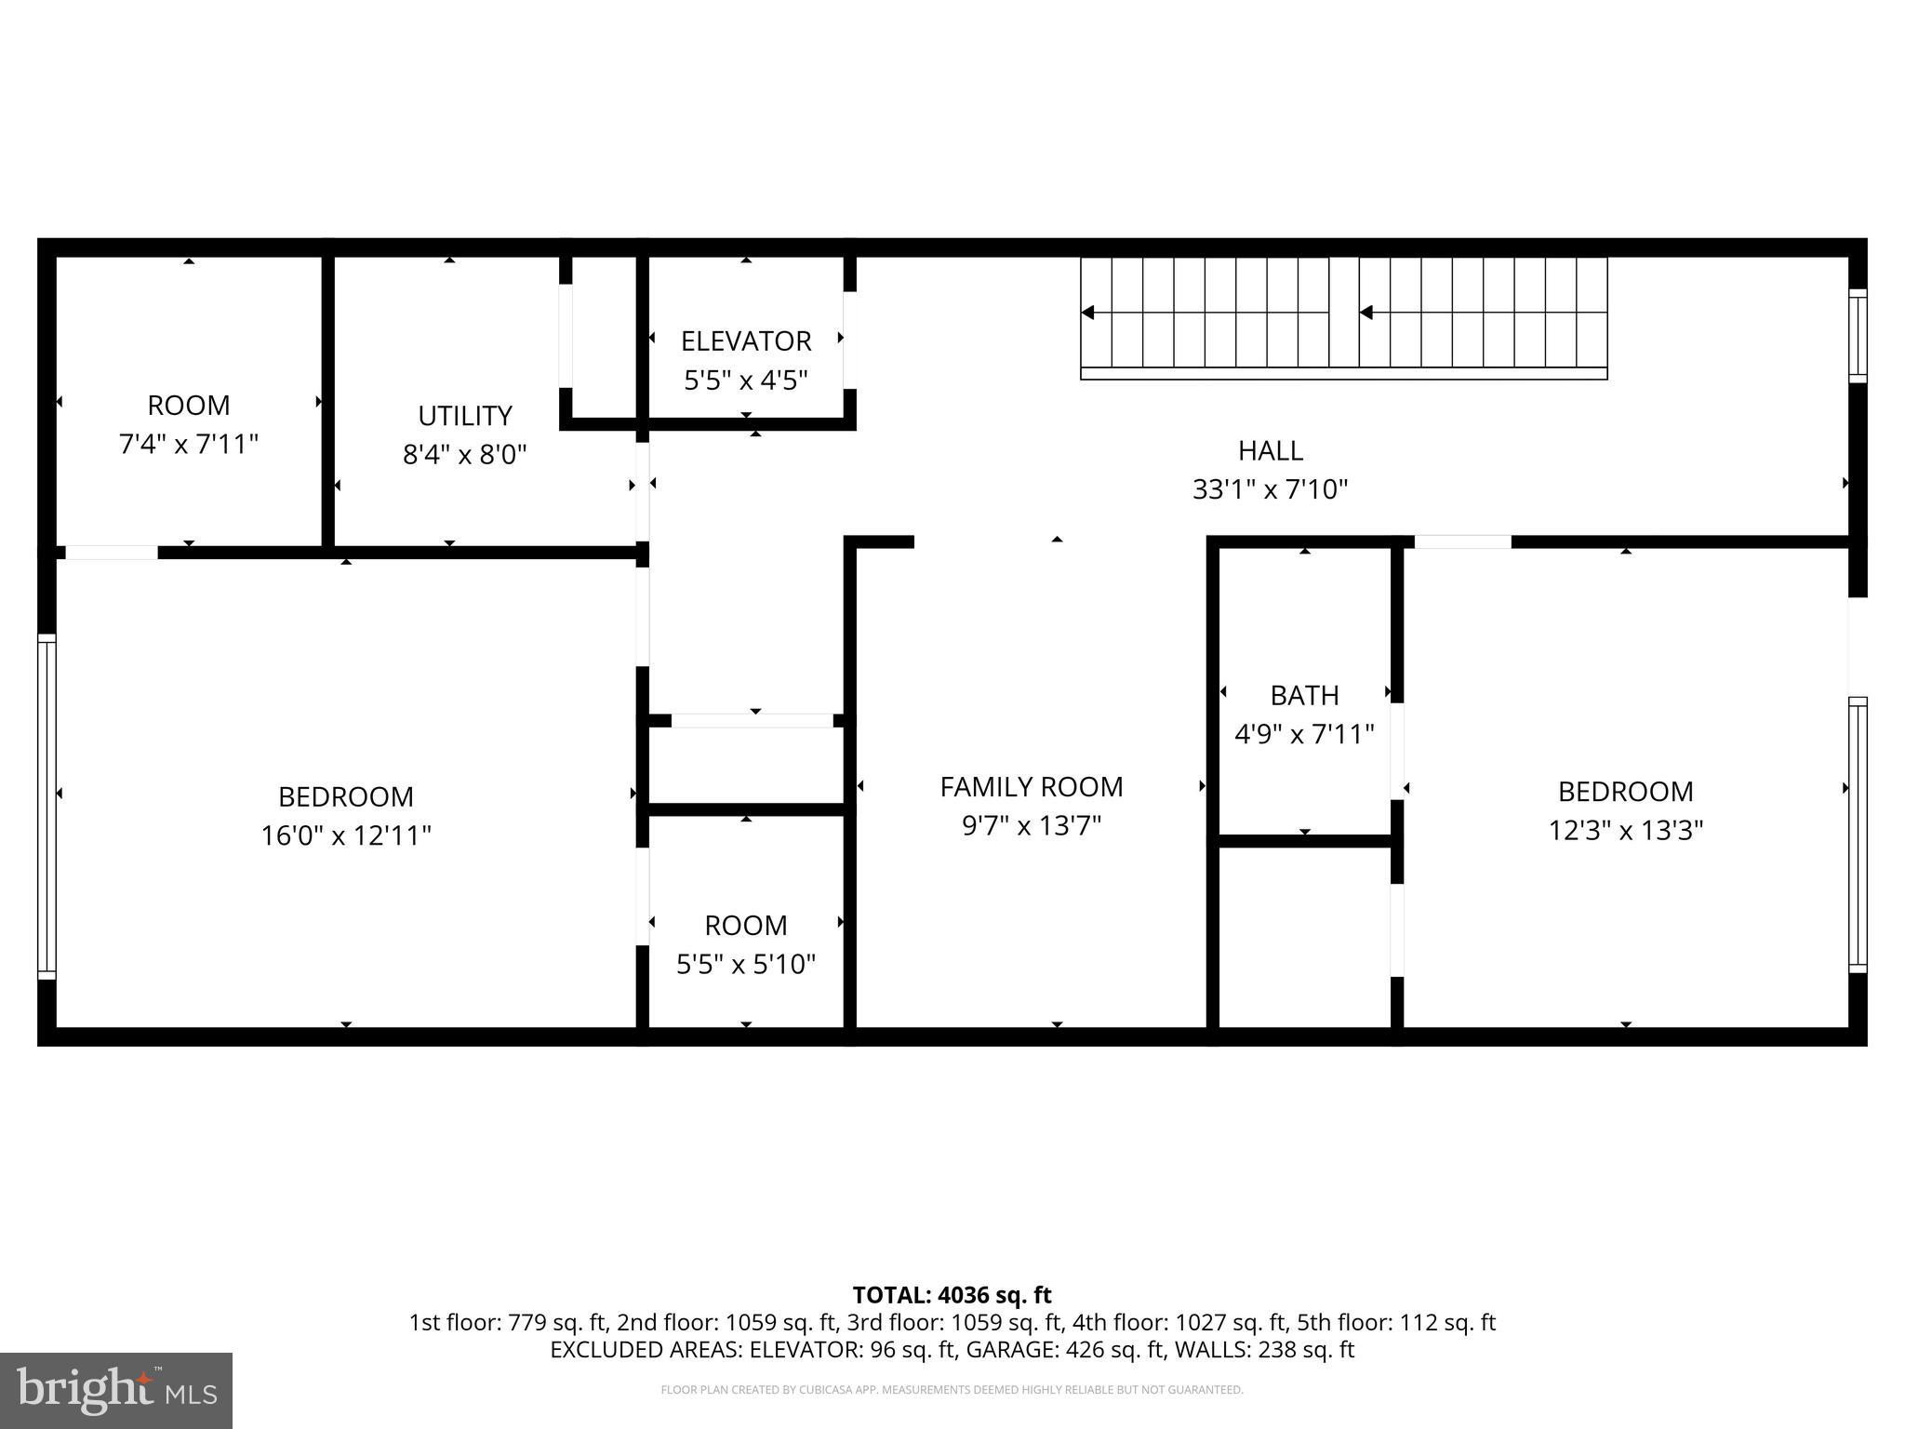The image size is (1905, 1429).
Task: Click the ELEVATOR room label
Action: [746, 341]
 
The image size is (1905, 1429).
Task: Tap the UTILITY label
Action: [464, 415]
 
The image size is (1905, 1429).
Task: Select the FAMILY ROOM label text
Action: [1031, 787]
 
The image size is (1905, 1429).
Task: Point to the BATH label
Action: [1304, 695]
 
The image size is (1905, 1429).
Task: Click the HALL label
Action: [1270, 450]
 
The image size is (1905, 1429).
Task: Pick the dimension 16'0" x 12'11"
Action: [346, 835]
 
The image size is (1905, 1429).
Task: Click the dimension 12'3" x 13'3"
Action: [1625, 830]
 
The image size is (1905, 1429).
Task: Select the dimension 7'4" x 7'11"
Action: [188, 444]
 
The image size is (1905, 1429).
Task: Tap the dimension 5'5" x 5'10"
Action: [746, 964]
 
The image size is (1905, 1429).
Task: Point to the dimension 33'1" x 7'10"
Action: [1270, 489]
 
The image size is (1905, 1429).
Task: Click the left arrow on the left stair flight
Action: [1088, 313]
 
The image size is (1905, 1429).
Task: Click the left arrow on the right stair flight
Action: [1366, 313]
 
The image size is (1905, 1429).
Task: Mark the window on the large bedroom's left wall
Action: [47, 806]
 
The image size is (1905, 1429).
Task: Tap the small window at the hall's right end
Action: [1857, 336]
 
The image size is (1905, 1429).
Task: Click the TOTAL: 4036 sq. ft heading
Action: [952, 1295]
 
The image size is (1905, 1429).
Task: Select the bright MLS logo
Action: [115, 1390]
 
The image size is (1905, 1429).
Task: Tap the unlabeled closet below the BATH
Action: [1304, 935]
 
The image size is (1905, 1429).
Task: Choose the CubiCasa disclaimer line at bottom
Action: [952, 1390]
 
